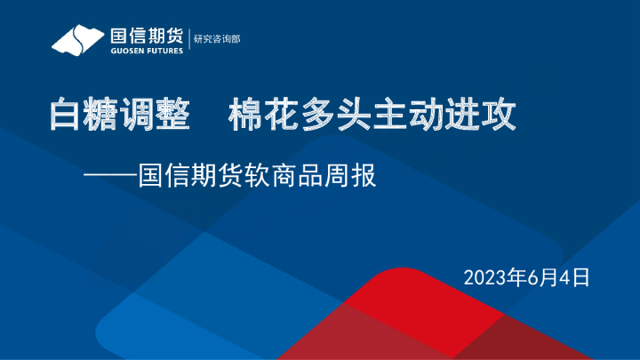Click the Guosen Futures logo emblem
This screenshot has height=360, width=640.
(x=78, y=40)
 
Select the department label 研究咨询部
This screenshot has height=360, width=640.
(x=217, y=39)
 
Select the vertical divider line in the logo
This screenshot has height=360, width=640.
(x=189, y=40)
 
